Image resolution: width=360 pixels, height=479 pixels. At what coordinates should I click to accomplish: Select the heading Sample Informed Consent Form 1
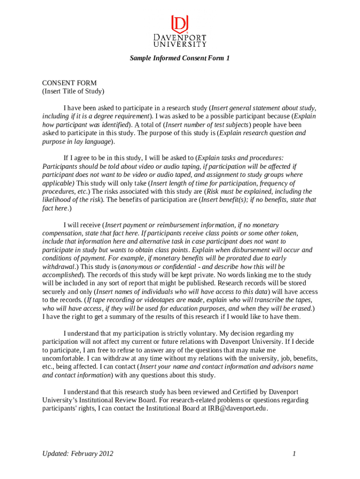180,58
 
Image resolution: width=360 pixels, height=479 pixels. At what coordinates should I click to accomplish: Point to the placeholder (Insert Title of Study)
73,91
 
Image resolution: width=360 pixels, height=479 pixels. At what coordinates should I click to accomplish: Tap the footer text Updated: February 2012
78,453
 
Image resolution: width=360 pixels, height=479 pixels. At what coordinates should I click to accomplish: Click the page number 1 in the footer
294,453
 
